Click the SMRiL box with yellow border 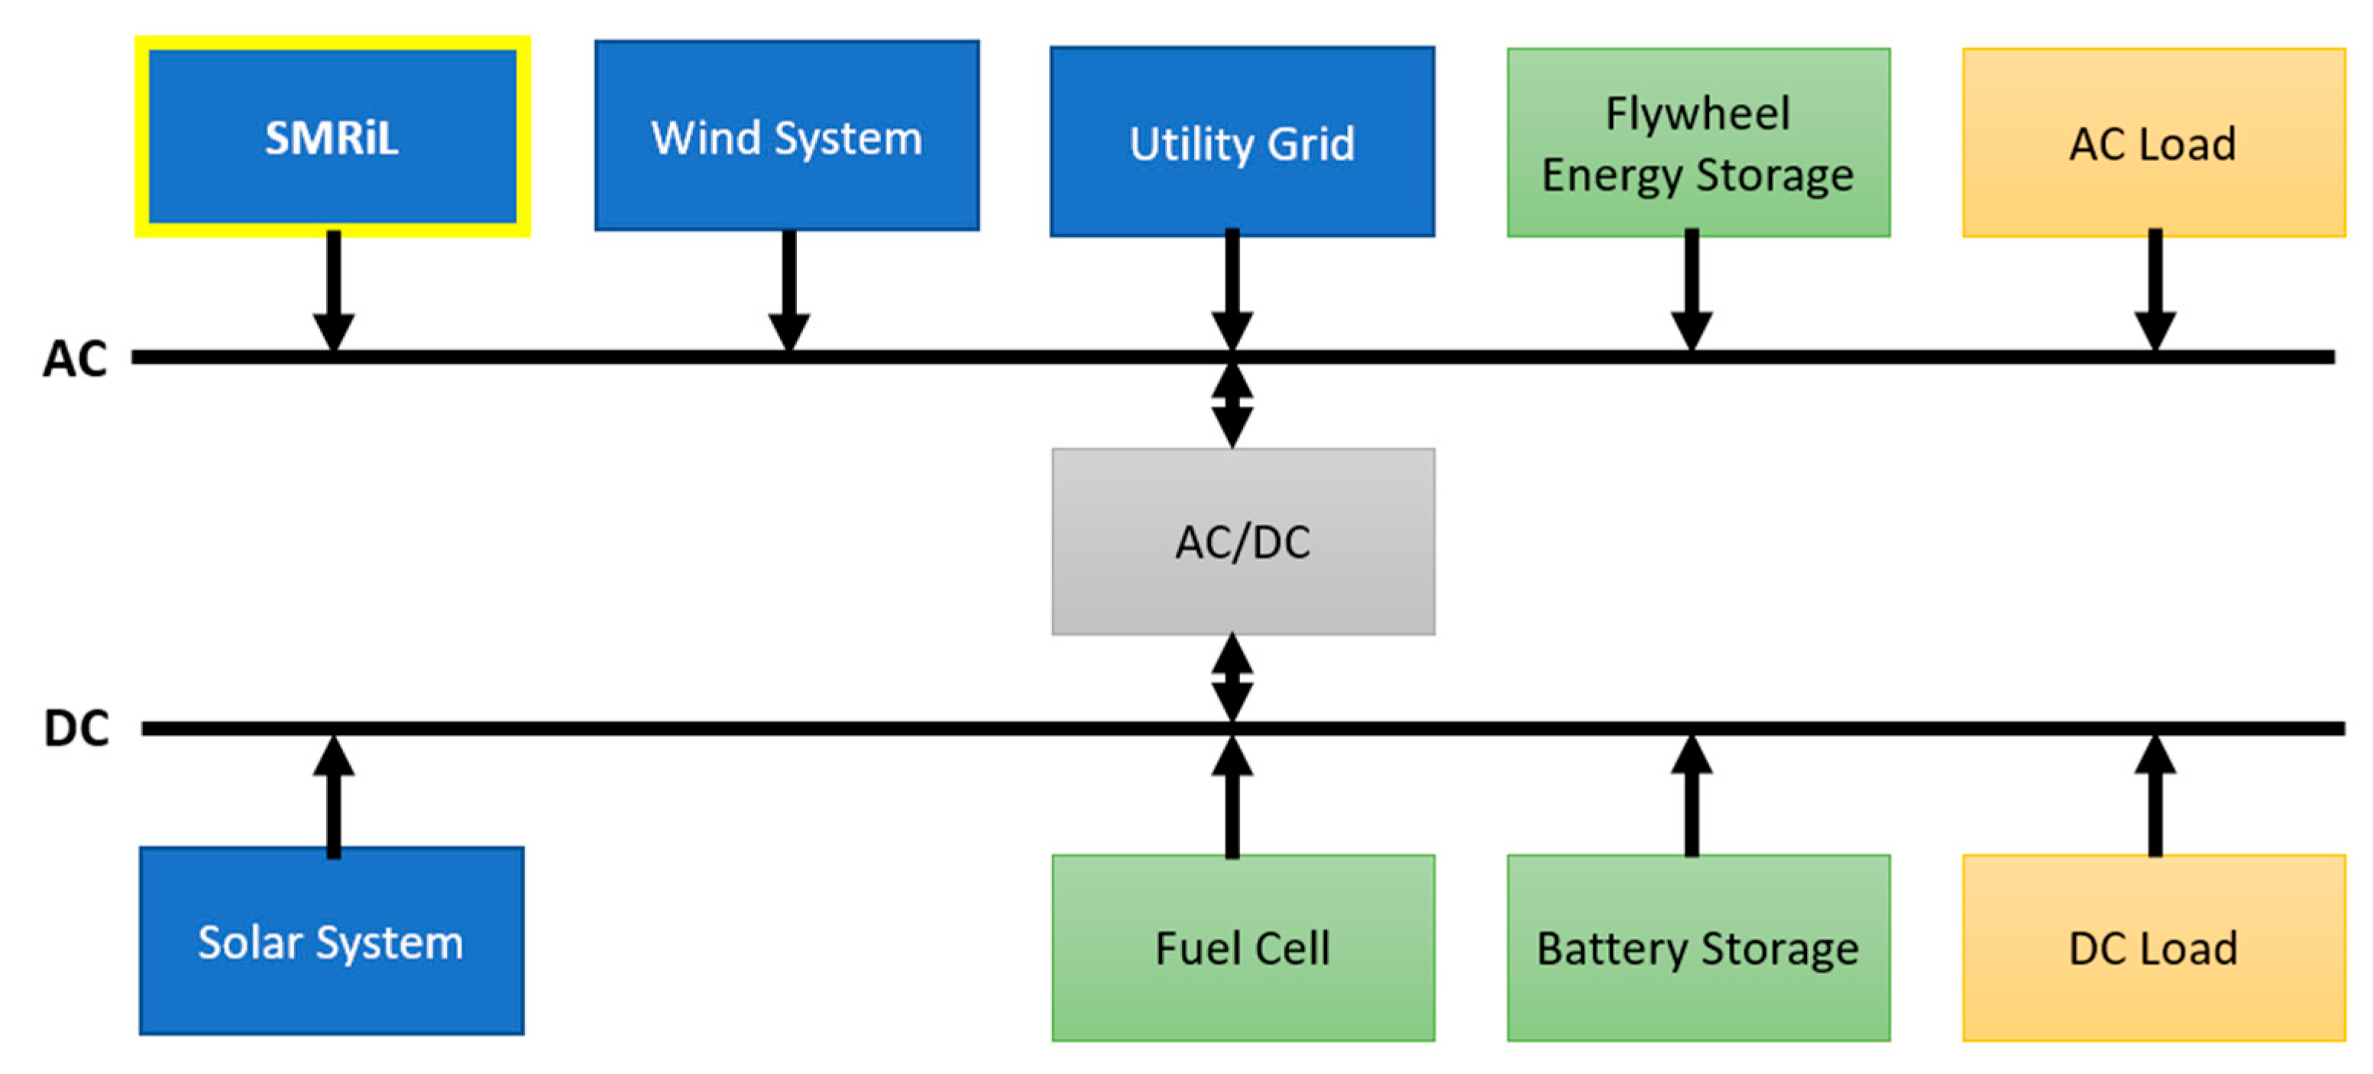332,136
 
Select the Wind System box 787,136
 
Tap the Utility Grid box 1242,142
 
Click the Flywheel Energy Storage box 1698,143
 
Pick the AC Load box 2153,143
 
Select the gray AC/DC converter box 1243,542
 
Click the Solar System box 332,940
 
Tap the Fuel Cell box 1243,948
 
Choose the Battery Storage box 1698,948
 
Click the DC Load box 2153,948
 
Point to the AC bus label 75,358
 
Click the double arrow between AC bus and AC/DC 1232,406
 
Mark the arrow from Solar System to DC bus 333,797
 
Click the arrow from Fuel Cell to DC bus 1232,797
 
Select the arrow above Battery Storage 1692,797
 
